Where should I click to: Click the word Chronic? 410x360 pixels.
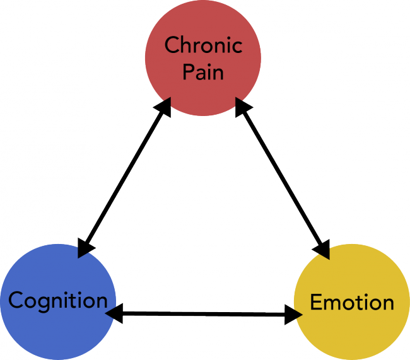point(203,46)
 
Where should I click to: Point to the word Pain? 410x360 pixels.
point(203,72)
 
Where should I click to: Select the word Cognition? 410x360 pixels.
point(58,301)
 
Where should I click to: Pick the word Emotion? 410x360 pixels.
point(352,303)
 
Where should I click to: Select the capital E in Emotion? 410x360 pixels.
point(316,303)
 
